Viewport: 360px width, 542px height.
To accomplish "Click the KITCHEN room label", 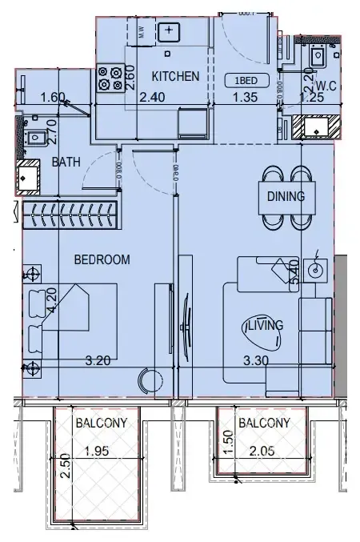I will (x=175, y=77).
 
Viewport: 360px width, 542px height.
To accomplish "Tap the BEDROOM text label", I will (x=102, y=259).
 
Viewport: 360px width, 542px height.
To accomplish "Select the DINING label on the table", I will (x=286, y=195).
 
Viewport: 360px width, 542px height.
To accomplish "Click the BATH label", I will (x=66, y=161).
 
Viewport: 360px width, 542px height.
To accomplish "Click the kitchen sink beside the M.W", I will (x=169, y=32).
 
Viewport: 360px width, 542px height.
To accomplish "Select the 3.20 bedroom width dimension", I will (x=98, y=360).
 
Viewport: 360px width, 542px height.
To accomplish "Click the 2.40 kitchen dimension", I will (x=152, y=98).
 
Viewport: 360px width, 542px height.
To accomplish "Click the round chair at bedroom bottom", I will (x=150, y=379).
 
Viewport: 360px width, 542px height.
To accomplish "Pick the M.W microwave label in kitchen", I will (x=142, y=33).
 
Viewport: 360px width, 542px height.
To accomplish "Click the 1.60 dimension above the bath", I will (x=52, y=98).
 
